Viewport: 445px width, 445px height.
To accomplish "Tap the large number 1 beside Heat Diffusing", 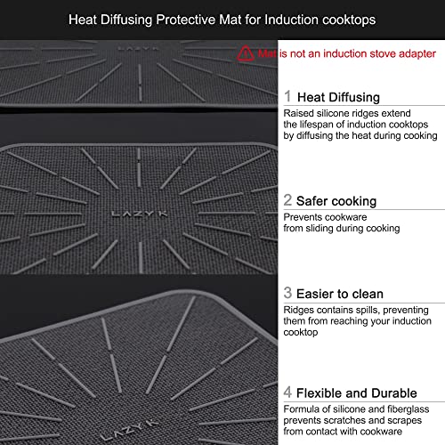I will pos(287,96).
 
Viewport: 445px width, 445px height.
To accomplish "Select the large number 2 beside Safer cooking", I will pos(287,200).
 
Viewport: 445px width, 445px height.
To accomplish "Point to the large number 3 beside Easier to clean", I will pos(287,293).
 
